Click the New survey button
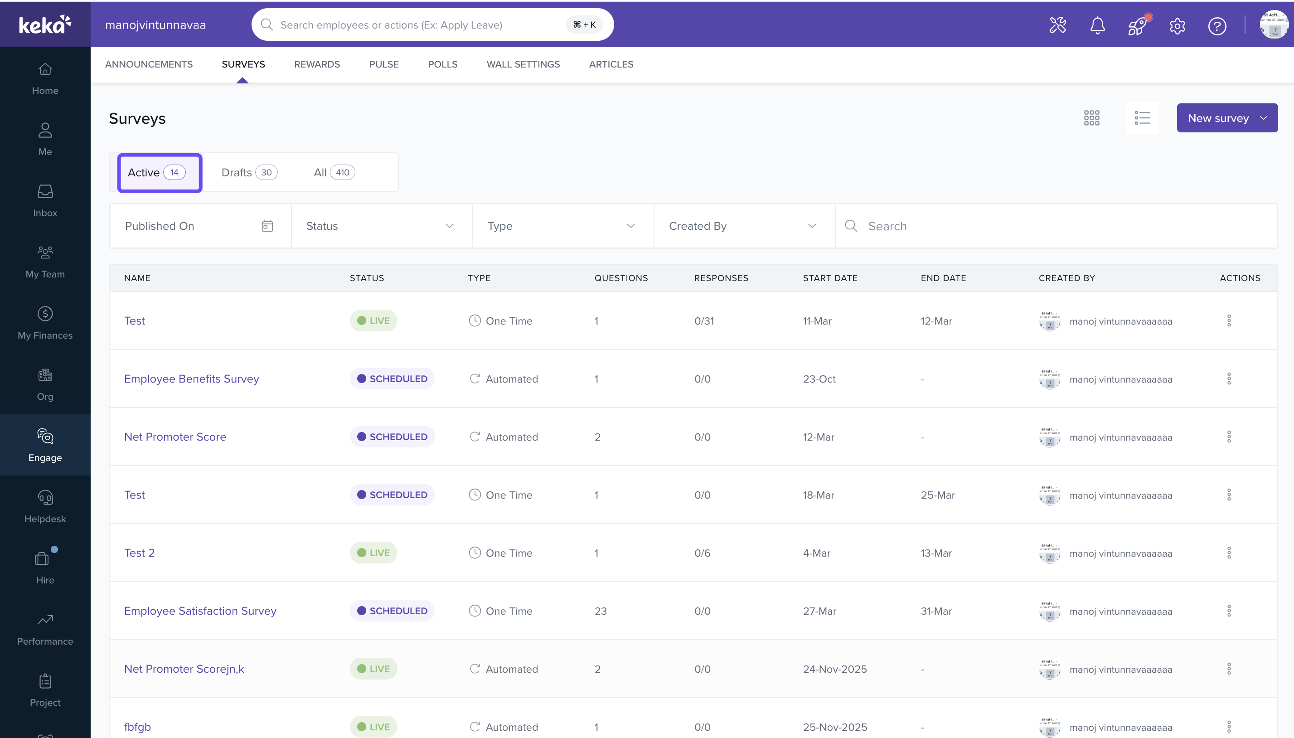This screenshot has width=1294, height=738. (1226, 118)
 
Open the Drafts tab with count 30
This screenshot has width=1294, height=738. (249, 172)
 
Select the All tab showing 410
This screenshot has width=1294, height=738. (334, 172)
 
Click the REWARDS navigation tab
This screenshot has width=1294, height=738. (317, 64)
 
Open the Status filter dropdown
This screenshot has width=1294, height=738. (382, 226)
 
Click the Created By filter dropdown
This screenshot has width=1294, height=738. (744, 226)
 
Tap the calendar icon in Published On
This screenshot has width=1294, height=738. (267, 226)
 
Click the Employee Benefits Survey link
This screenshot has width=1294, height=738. (192, 379)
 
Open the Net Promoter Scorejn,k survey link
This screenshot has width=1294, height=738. (184, 669)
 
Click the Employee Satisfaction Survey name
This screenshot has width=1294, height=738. (200, 611)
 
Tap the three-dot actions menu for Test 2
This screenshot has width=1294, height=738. (1229, 553)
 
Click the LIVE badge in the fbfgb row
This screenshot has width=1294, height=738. (373, 727)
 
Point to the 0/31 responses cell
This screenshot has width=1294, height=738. (704, 321)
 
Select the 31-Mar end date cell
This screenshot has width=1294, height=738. (936, 611)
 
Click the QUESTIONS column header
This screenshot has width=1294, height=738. (620, 278)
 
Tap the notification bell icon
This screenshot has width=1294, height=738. (1097, 25)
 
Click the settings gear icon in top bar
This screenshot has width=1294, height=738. (1177, 25)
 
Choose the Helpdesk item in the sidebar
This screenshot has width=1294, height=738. (45, 506)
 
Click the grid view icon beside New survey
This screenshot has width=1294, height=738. (1091, 118)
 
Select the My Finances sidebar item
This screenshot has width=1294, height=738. (45, 323)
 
